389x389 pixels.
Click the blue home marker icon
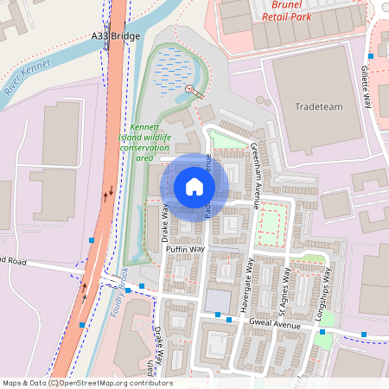coord(194,187)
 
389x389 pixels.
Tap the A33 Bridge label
coord(114,37)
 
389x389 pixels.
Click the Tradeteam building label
coord(318,106)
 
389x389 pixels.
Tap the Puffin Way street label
coord(185,249)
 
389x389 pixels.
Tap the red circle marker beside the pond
coord(189,89)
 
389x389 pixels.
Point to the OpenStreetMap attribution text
coord(86,383)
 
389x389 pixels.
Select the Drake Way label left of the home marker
coord(163,222)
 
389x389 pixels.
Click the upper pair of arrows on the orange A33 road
coord(107,191)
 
